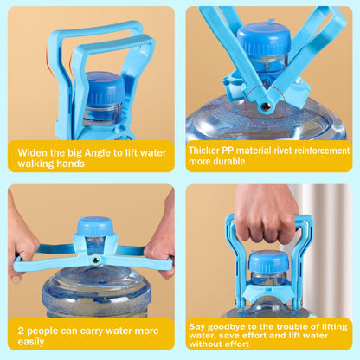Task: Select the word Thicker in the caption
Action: pyautogui.click(x=206, y=149)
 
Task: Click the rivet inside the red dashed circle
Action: pyautogui.click(x=266, y=107)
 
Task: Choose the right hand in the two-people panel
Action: pyautogui.click(x=163, y=245)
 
